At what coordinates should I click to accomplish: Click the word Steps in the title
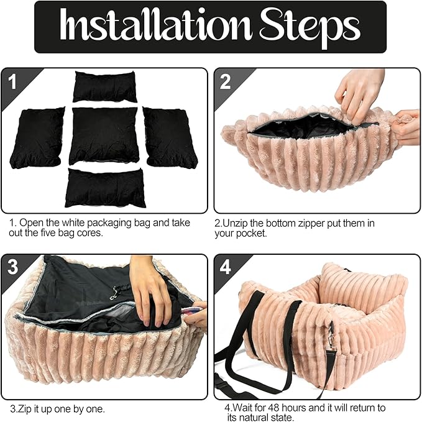point(310,28)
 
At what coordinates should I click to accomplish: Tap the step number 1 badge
point(12,82)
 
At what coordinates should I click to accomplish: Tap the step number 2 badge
point(225,82)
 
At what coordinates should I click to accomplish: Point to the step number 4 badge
point(225,267)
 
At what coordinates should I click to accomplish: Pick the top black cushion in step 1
point(105,86)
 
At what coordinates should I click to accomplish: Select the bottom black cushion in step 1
point(105,188)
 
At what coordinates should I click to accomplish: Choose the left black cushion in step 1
point(37,138)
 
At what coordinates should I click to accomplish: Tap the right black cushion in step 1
point(170,137)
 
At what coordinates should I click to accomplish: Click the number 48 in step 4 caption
point(273,408)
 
